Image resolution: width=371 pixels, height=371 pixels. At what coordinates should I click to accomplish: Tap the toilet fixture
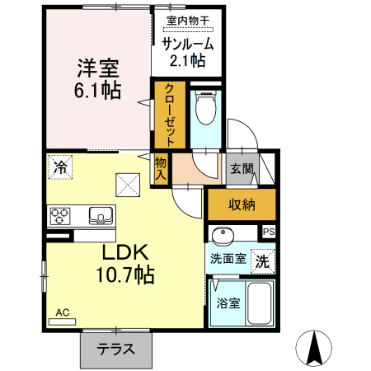pyautogui.click(x=204, y=106)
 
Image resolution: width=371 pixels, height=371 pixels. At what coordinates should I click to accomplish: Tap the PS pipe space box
pyautogui.click(x=268, y=233)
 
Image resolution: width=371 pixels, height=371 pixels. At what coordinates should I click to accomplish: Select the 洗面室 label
pyautogui.click(x=227, y=259)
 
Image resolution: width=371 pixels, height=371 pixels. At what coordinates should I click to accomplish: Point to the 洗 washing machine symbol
pyautogui.click(x=261, y=262)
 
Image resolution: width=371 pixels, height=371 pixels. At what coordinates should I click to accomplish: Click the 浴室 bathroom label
pyautogui.click(x=228, y=303)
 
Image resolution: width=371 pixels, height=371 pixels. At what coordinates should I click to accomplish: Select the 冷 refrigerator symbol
pyautogui.click(x=59, y=166)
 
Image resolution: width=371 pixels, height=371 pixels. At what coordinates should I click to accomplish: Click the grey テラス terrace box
pyautogui.click(x=116, y=349)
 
